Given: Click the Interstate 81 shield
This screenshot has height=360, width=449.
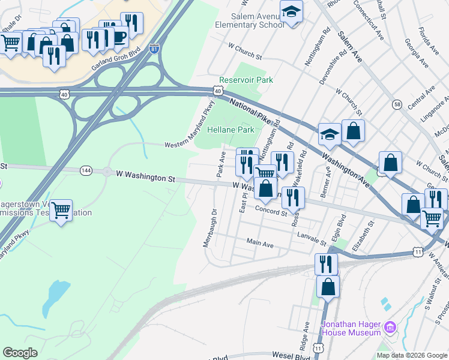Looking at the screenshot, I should (x=154, y=49).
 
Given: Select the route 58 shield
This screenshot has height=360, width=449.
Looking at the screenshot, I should (x=397, y=104).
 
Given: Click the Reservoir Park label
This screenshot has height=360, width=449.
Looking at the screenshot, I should (x=246, y=80).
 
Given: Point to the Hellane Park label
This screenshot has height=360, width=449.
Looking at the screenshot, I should (x=231, y=130).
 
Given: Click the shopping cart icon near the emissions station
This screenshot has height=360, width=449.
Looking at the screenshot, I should (x=61, y=210).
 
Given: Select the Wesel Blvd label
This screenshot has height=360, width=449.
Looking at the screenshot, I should (x=291, y=356).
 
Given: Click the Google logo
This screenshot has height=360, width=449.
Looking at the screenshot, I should (x=20, y=353).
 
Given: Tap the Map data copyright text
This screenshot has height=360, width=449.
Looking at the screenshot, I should (x=411, y=355).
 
